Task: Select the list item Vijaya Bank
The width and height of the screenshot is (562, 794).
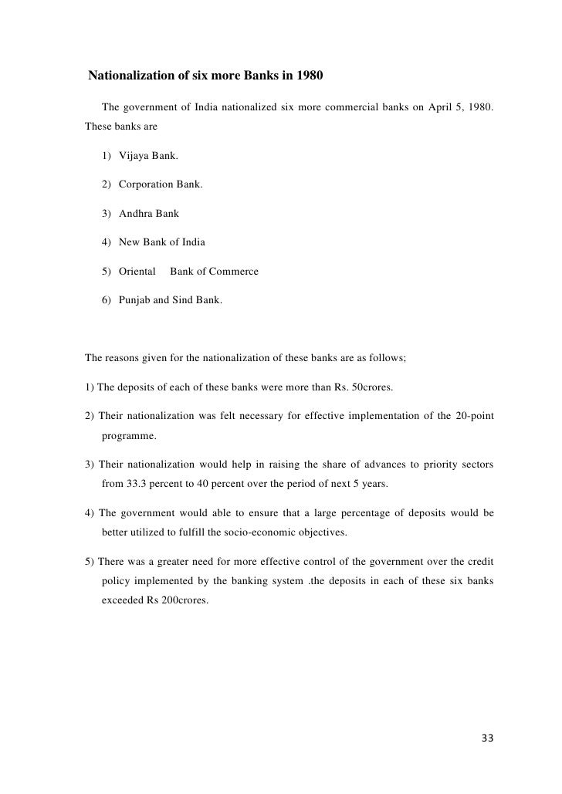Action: pyautogui.click(x=148, y=156)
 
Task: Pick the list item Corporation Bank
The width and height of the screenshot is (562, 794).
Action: pyautogui.click(x=161, y=185)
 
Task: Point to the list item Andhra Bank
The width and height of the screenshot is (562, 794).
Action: pyautogui.click(x=149, y=214)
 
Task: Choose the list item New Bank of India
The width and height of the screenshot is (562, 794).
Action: pyautogui.click(x=162, y=242)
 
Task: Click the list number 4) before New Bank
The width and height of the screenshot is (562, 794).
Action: pyautogui.click(x=106, y=242)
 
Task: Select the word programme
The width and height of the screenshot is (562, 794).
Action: pyautogui.click(x=128, y=436)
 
